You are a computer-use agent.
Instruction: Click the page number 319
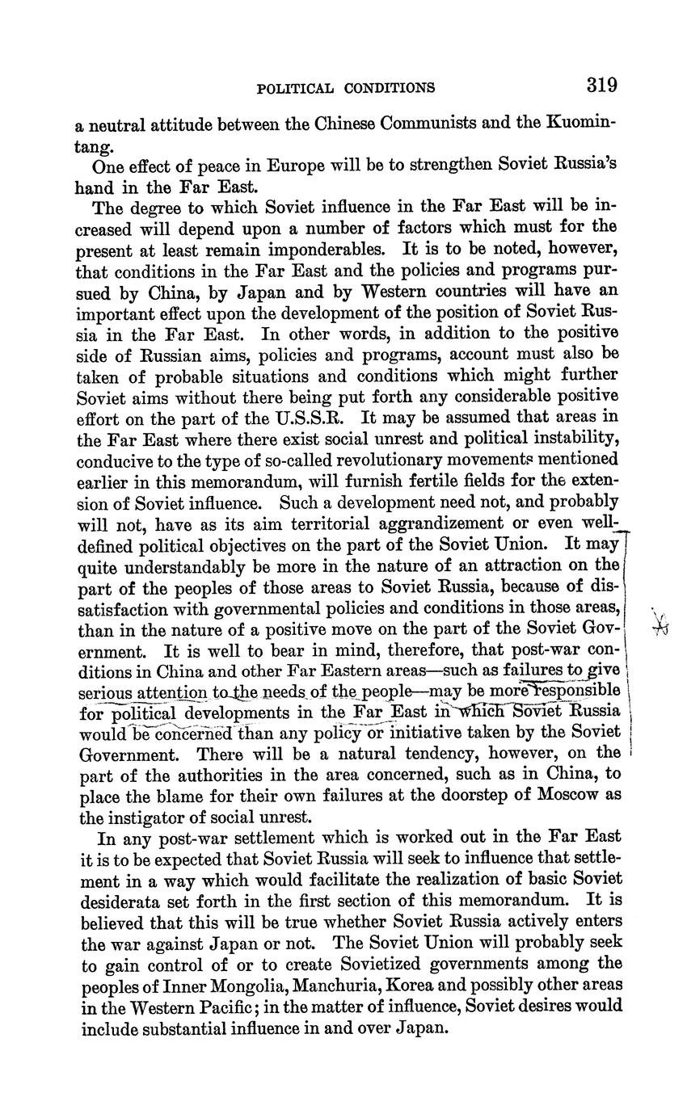tap(602, 85)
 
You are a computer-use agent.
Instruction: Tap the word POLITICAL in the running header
tap(294, 88)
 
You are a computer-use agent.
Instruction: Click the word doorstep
tap(474, 795)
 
